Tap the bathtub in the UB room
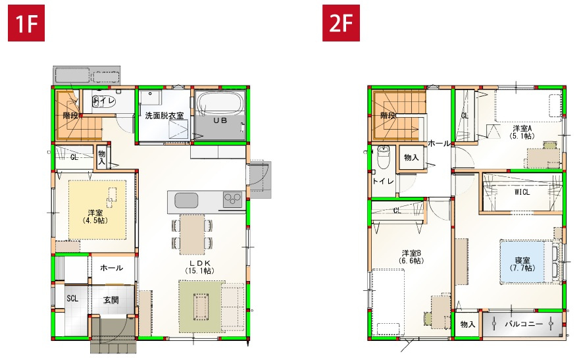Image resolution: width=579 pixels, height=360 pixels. click(x=220, y=105)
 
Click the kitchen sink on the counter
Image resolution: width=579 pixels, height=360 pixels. click(x=185, y=199)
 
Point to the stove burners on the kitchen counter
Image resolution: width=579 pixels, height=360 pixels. click(x=232, y=199)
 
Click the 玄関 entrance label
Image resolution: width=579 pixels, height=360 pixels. click(x=111, y=299)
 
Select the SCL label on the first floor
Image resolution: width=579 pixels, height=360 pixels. click(x=72, y=298)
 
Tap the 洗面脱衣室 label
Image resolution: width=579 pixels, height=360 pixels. click(x=164, y=116)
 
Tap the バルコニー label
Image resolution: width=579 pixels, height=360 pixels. click(x=524, y=324)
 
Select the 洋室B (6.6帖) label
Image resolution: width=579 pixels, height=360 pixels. click(x=412, y=257)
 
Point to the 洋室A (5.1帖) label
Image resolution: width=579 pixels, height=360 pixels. click(x=522, y=132)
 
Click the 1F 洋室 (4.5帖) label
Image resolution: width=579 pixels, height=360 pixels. click(x=95, y=217)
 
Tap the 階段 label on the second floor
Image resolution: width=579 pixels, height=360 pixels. click(x=388, y=115)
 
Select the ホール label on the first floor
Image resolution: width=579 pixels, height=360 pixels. click(x=111, y=269)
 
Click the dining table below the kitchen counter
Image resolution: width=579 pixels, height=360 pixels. click(x=192, y=234)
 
